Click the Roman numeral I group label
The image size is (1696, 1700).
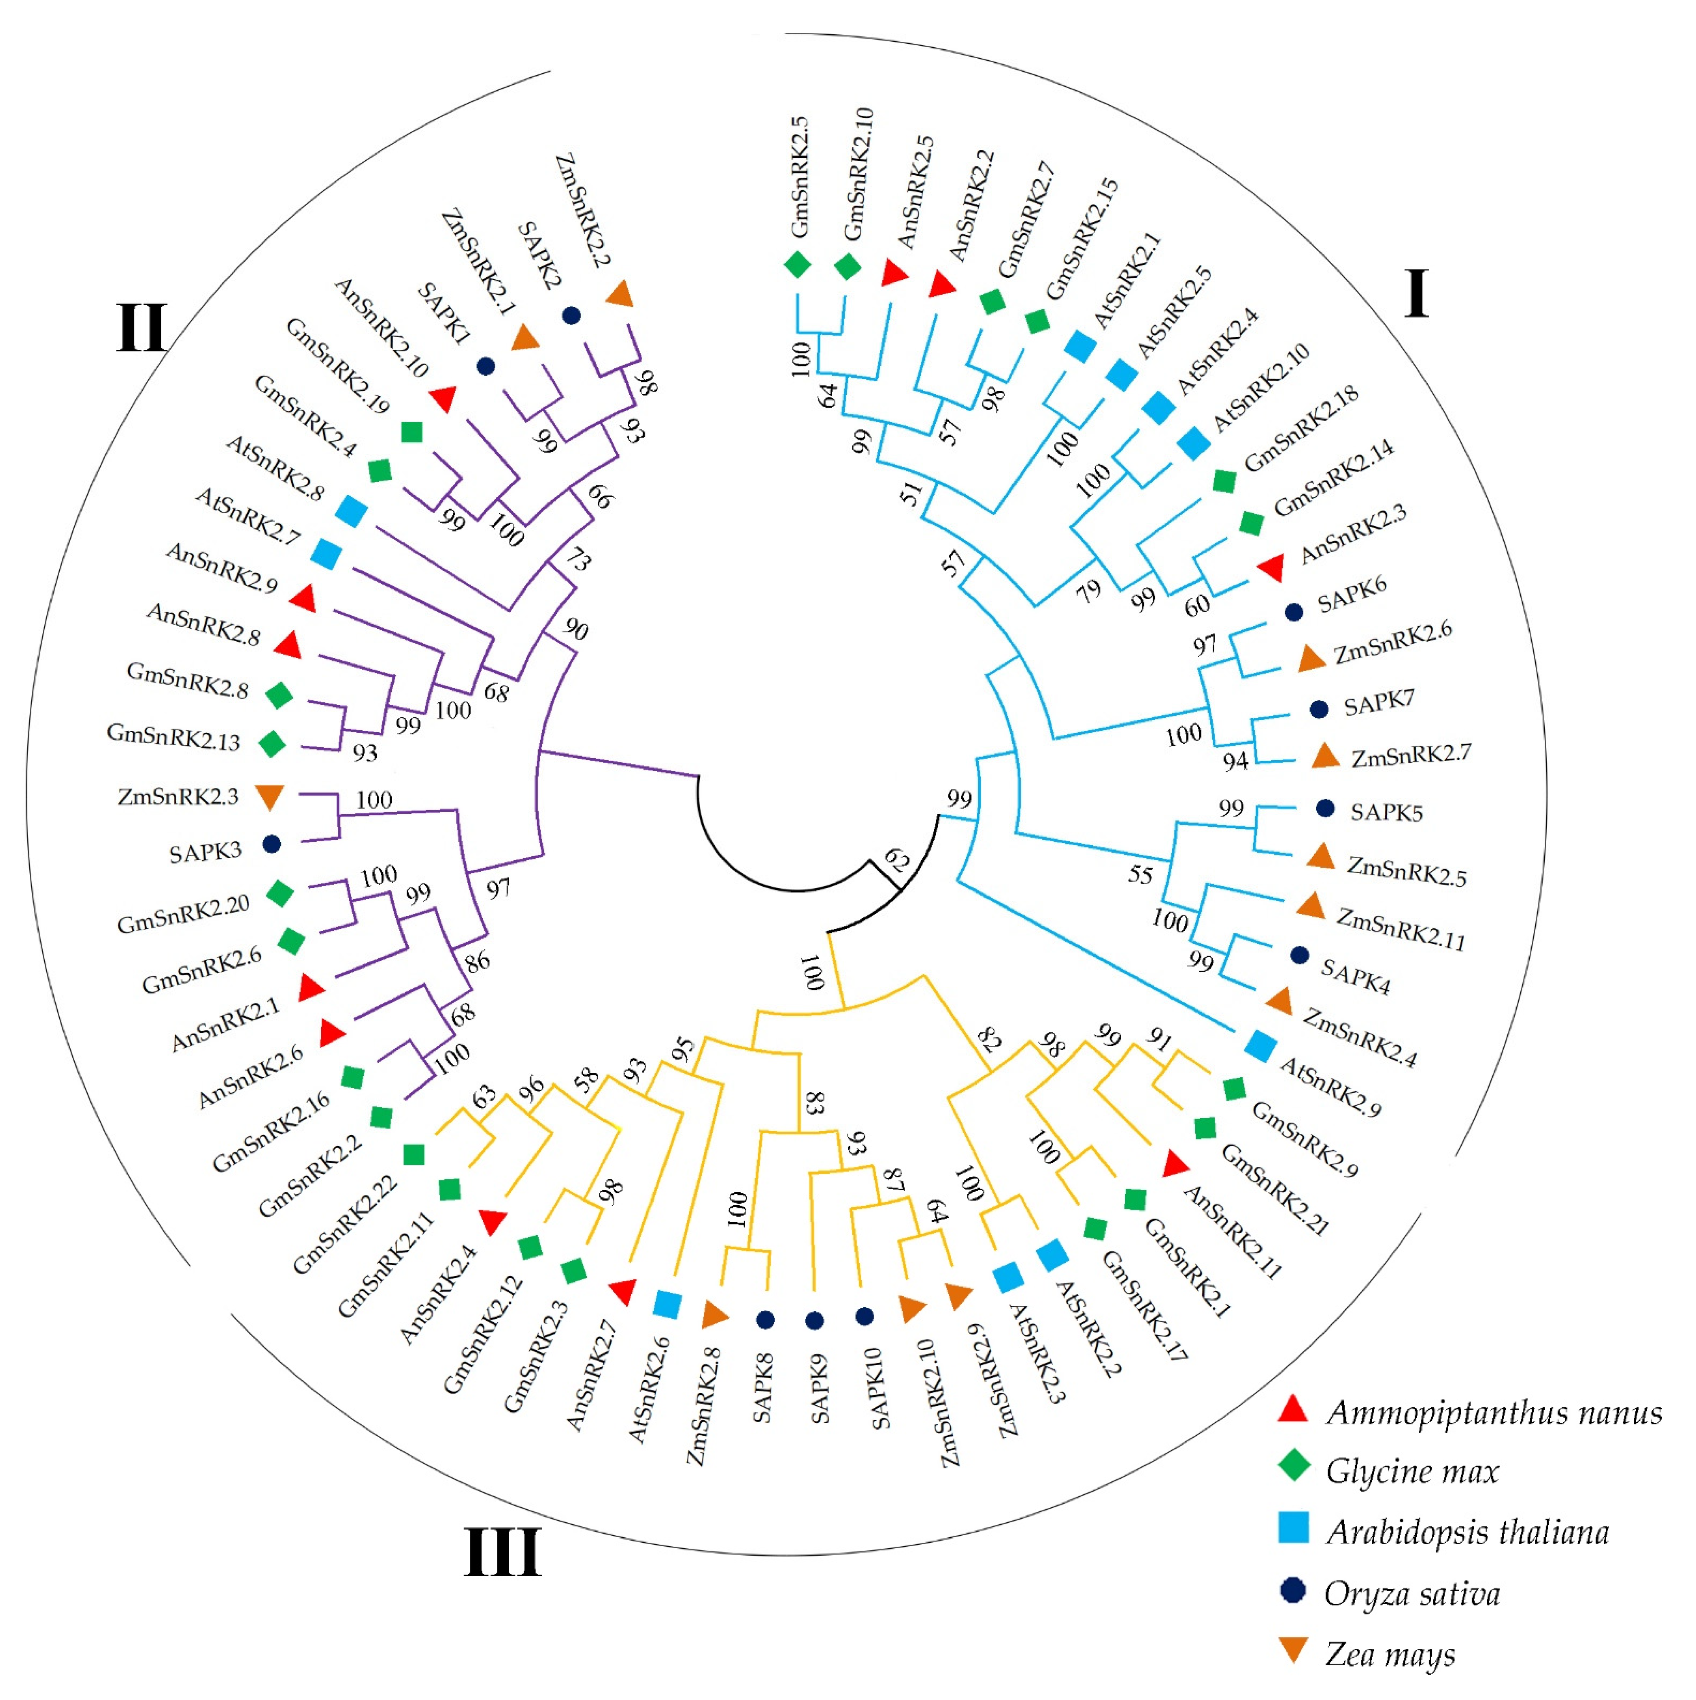point(1415,294)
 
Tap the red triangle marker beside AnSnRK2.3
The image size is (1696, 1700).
point(1270,568)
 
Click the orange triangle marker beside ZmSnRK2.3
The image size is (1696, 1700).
point(269,796)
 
